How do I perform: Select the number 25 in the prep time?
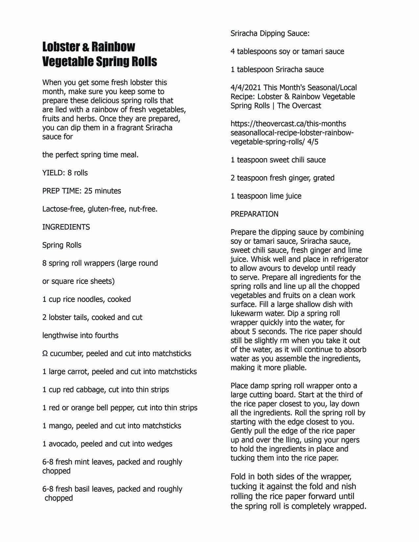(88, 191)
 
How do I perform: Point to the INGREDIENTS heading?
(66, 227)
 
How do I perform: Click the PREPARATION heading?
(254, 214)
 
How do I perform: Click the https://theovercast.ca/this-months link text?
(288, 124)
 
